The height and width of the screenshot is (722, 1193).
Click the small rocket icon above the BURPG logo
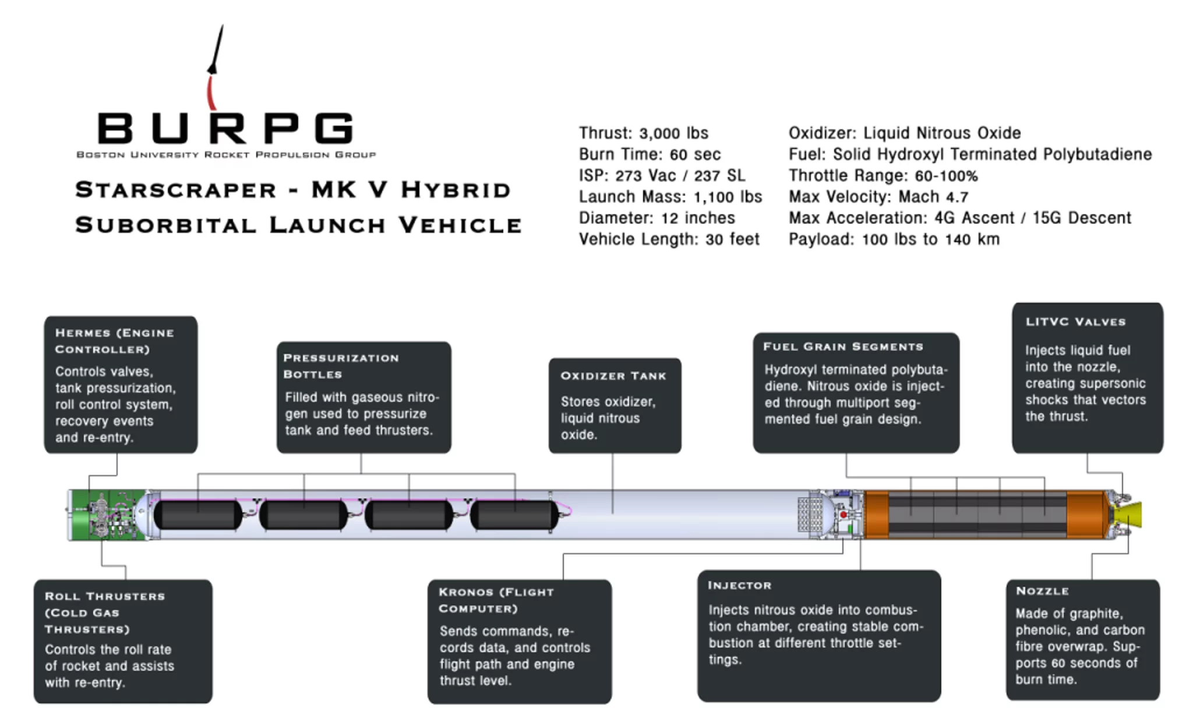coord(216,52)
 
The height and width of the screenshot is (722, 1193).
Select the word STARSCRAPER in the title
coord(175,190)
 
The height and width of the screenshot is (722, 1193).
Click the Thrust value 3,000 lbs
coord(673,133)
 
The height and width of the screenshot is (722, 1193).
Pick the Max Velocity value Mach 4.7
coord(933,197)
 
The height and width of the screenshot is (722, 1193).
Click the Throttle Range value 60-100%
coord(943,176)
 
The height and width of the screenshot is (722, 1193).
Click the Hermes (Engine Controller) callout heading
coord(114,341)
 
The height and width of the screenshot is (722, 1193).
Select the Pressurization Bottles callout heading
coord(341,366)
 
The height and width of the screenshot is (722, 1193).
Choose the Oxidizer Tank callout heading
coord(613,376)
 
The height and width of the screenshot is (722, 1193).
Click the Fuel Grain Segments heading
coord(843,347)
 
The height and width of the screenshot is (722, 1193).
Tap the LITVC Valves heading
coord(1075,322)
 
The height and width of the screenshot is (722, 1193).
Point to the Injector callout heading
coord(739,586)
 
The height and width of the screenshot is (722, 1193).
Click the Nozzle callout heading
coord(1042,591)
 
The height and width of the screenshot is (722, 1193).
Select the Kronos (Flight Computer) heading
coord(496,600)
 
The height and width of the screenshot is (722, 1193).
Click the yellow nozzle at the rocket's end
coord(1131,515)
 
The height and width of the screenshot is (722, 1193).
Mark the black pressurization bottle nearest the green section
coord(198,515)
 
